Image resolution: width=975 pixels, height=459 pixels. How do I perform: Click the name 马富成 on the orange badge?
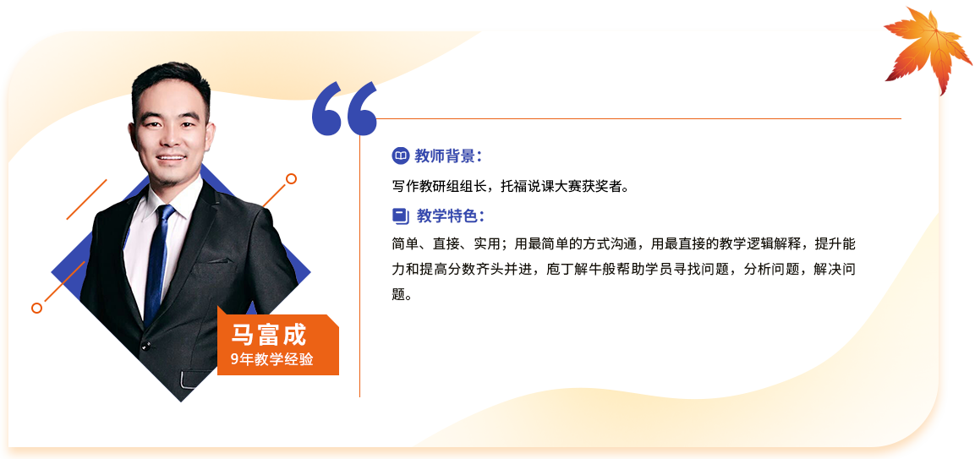coord(269,336)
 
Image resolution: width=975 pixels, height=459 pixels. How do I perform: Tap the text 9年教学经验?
coord(271,359)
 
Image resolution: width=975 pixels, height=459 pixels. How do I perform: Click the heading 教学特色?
coord(447,216)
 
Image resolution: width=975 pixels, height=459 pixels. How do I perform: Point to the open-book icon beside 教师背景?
coord(401,156)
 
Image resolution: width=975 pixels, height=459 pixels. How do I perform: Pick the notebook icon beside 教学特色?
coord(401,216)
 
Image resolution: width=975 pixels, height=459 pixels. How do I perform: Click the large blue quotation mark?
coord(344,108)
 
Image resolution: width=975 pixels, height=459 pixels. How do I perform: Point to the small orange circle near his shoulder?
coord(290,179)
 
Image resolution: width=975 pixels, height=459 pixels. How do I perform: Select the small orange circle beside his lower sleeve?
coord(36,308)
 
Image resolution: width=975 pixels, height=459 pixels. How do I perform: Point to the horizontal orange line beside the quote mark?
coord(638,118)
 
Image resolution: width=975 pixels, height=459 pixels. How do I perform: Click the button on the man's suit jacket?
coord(145,345)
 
